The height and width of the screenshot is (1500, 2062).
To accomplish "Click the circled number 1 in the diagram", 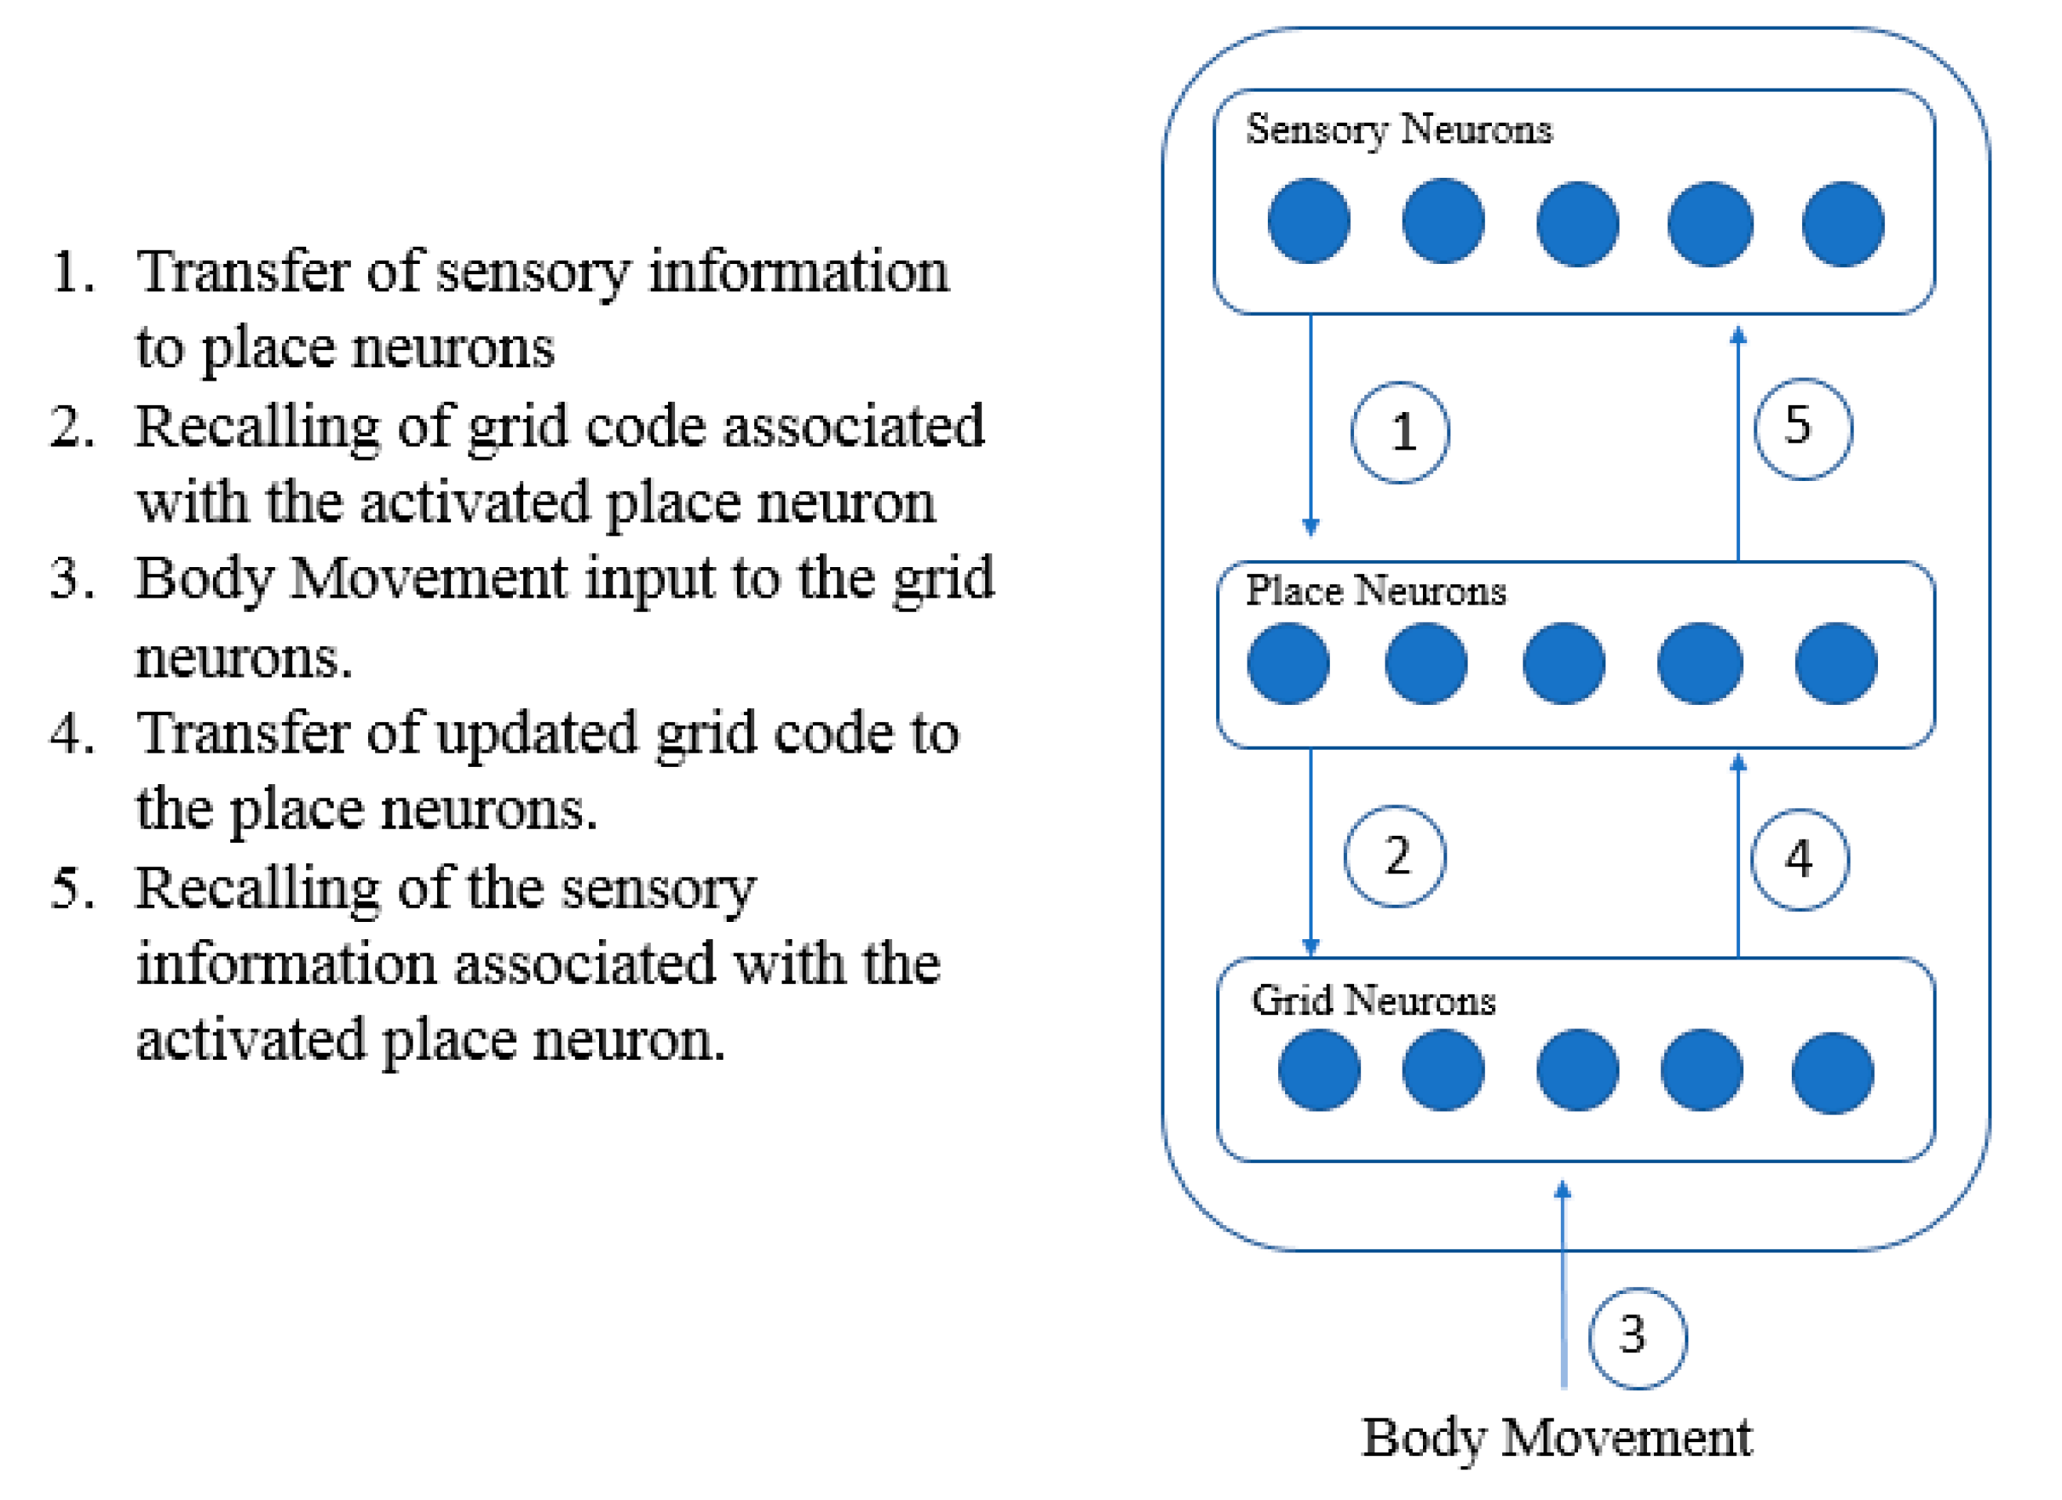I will coord(1400,432).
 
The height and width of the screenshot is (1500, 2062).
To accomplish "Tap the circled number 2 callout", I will coord(1395,855).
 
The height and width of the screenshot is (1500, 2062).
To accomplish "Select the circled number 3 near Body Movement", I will coord(1638,1338).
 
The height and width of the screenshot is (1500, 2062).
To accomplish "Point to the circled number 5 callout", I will coord(1803,428).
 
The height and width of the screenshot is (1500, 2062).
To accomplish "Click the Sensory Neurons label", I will coord(1399,129).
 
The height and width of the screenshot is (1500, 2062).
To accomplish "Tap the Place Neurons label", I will coord(1374,591).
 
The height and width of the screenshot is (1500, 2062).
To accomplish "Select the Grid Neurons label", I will coord(1373,1001).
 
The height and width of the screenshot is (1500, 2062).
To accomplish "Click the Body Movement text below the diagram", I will coord(1557,1438).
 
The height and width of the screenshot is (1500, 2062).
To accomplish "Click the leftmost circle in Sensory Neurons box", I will coord(1309,221).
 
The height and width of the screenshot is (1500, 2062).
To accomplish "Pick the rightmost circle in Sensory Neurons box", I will coord(1843,224).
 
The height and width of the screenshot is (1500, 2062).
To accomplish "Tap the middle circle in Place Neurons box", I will coord(1564,663).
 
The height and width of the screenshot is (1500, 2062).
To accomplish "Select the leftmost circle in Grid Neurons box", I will coord(1320,1070).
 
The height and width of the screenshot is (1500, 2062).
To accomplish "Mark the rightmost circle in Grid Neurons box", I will coord(1832,1073).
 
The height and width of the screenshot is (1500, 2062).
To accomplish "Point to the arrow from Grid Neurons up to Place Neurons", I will coord(1739,859).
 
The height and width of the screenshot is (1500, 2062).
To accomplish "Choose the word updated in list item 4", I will coord(536,734).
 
